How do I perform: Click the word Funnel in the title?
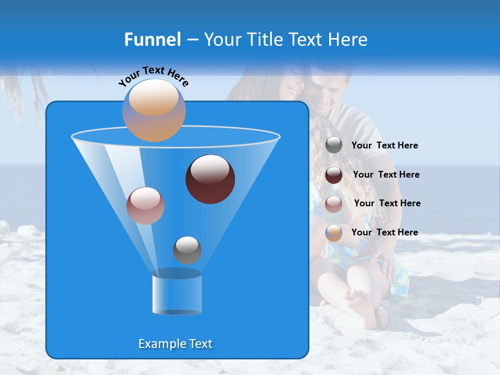click(153, 40)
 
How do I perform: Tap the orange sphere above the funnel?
click(154, 110)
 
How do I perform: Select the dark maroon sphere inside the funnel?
click(210, 179)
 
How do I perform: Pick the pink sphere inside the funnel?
click(145, 205)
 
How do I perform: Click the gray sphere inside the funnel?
click(187, 250)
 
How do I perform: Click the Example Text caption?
click(176, 344)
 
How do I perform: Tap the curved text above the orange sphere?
click(153, 76)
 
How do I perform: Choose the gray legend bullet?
click(334, 145)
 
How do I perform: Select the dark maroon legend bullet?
click(334, 175)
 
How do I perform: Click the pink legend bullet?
click(334, 204)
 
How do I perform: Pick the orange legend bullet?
click(334, 233)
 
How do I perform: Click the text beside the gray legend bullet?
click(384, 146)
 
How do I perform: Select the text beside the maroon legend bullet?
click(386, 175)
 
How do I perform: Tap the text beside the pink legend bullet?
click(387, 204)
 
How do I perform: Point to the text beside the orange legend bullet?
click(384, 233)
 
